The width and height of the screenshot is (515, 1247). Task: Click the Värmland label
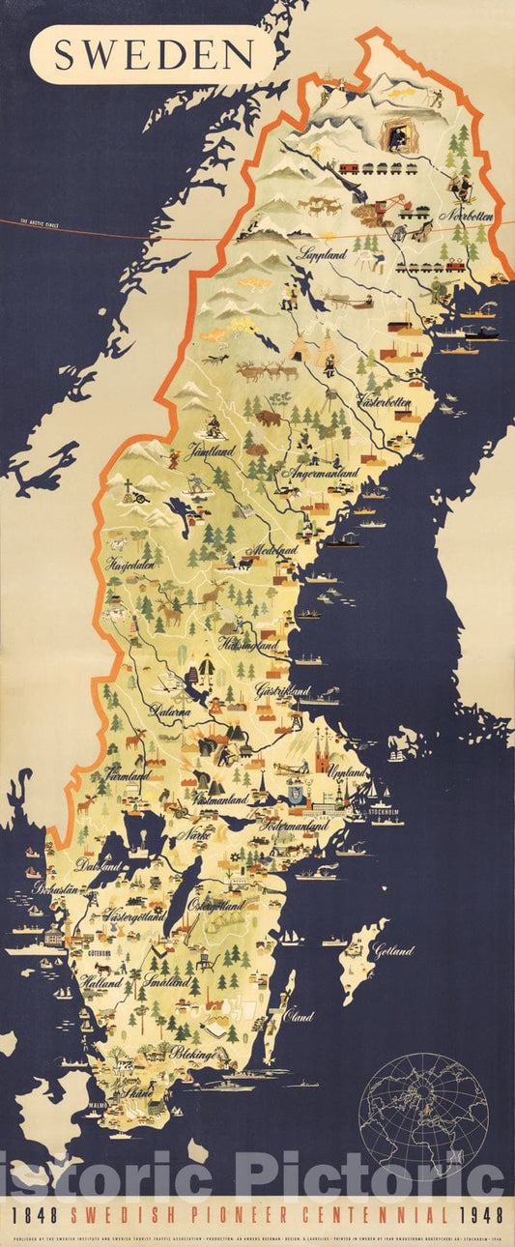pyautogui.click(x=128, y=775)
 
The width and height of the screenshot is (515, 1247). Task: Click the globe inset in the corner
pyautogui.click(x=423, y=1117)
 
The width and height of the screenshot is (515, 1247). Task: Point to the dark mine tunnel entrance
pyautogui.click(x=396, y=135)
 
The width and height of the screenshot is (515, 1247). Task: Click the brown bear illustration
pyautogui.click(x=268, y=418)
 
